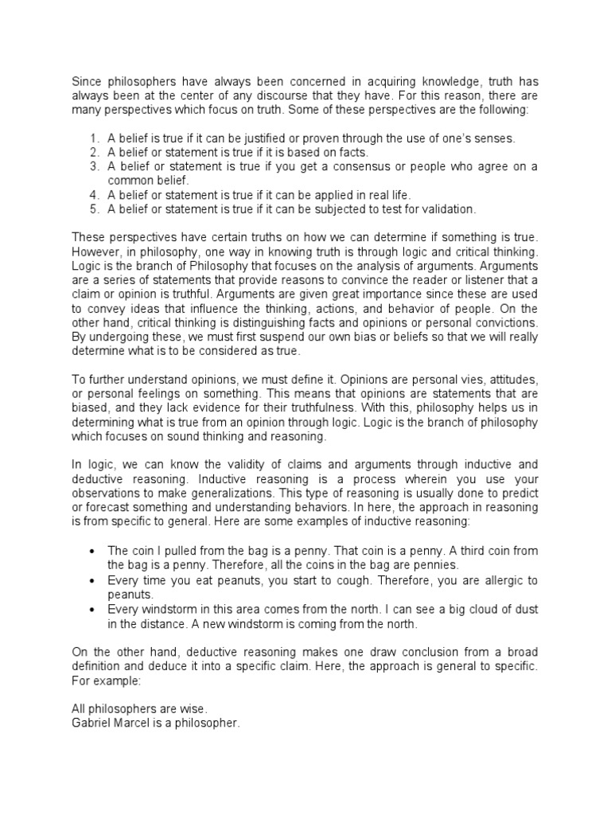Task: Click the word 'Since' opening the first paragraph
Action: pyautogui.click(x=86, y=82)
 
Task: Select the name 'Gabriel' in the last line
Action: pyautogui.click(x=91, y=722)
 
